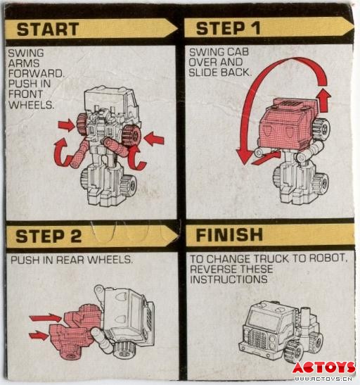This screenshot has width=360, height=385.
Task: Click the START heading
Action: click(x=48, y=30)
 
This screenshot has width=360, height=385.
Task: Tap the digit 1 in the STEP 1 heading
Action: click(x=255, y=27)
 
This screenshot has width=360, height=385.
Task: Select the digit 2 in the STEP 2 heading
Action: click(x=75, y=236)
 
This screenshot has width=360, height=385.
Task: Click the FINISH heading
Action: click(x=229, y=235)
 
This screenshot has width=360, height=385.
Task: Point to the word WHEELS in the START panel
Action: click(x=31, y=105)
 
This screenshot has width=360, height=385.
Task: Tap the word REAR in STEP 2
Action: click(x=71, y=260)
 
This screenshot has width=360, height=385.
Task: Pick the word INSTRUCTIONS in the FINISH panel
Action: click(x=229, y=279)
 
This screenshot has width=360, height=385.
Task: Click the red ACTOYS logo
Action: click(x=323, y=367)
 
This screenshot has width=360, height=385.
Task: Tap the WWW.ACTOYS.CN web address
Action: click(x=323, y=379)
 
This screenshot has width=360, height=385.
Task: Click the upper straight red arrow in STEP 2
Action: click(x=46, y=318)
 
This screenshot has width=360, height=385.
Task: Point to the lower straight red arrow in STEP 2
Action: click(x=39, y=336)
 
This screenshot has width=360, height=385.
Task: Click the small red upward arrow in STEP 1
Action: click(x=323, y=101)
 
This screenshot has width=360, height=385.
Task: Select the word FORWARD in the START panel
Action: click(x=36, y=73)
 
